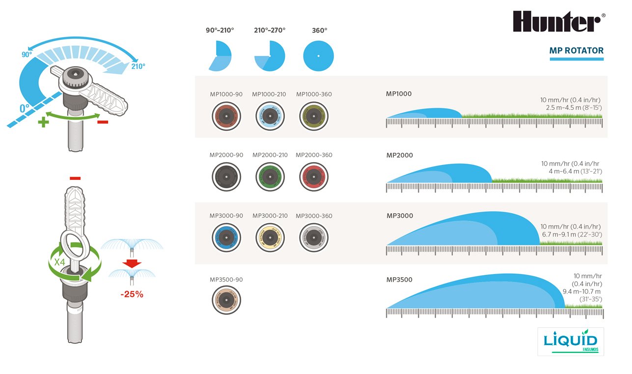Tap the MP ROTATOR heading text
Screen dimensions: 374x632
pyautogui.click(x=577, y=51)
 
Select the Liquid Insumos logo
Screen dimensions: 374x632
pyautogui.click(x=571, y=341)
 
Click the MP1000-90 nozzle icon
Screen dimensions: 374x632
pyautogui.click(x=226, y=116)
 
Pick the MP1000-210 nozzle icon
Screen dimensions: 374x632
pyautogui.click(x=270, y=116)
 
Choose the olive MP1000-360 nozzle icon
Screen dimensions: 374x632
pyautogui.click(x=314, y=116)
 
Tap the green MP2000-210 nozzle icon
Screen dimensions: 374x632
pyautogui.click(x=270, y=177)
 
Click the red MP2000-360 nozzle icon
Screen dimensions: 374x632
pyautogui.click(x=314, y=177)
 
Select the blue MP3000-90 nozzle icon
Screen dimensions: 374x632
pyautogui.click(x=226, y=238)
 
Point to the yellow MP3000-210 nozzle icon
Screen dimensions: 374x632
pyautogui.click(x=270, y=238)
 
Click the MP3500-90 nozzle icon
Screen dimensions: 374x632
pyautogui.click(x=226, y=300)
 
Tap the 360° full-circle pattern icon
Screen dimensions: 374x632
pyautogui.click(x=318, y=56)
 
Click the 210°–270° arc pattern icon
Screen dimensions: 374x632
pyautogui.click(x=270, y=56)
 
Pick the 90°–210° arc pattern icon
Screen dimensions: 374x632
pyautogui.click(x=220, y=56)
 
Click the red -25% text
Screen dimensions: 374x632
pyautogui.click(x=132, y=294)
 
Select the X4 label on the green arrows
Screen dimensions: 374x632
pyautogui.click(x=60, y=262)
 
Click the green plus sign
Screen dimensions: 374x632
pyautogui.click(x=44, y=122)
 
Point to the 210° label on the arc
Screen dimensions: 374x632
pyautogui.click(x=137, y=66)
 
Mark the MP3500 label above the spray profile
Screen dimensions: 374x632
pyautogui.click(x=399, y=280)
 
